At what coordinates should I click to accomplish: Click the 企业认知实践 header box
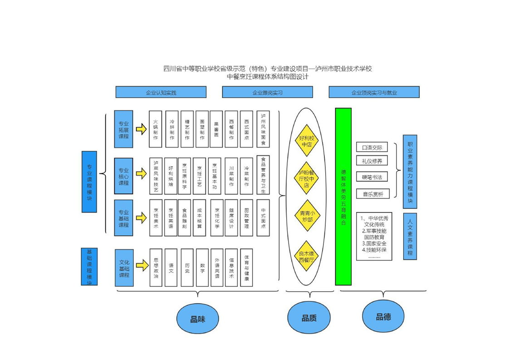161,92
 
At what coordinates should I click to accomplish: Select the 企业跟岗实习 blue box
267,92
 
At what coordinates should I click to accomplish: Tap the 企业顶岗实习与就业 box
374,92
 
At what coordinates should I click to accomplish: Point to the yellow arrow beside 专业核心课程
142,174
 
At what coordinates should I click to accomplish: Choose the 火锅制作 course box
156,129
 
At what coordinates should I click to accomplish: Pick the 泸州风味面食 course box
263,129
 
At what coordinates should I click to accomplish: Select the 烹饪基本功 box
215,176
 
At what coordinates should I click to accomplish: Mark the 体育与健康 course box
246,267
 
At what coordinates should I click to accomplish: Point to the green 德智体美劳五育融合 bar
343,196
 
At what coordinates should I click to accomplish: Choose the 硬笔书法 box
372,177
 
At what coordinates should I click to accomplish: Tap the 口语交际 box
372,147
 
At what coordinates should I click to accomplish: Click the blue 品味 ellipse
198,319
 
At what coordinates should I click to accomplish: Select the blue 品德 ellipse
383,317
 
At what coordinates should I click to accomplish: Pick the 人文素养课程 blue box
410,236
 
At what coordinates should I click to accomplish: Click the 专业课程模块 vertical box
89,182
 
